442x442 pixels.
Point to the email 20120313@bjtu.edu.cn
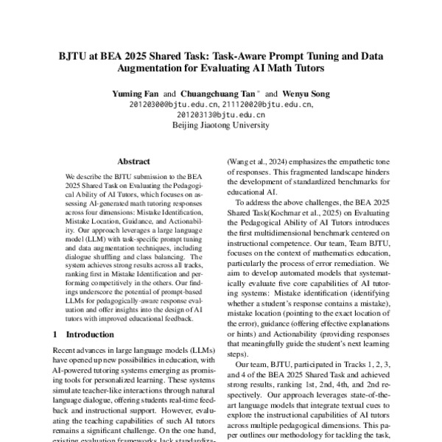[x=220, y=116]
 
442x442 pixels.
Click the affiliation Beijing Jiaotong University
[x=220, y=126]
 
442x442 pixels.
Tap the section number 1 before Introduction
[x=56, y=334]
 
